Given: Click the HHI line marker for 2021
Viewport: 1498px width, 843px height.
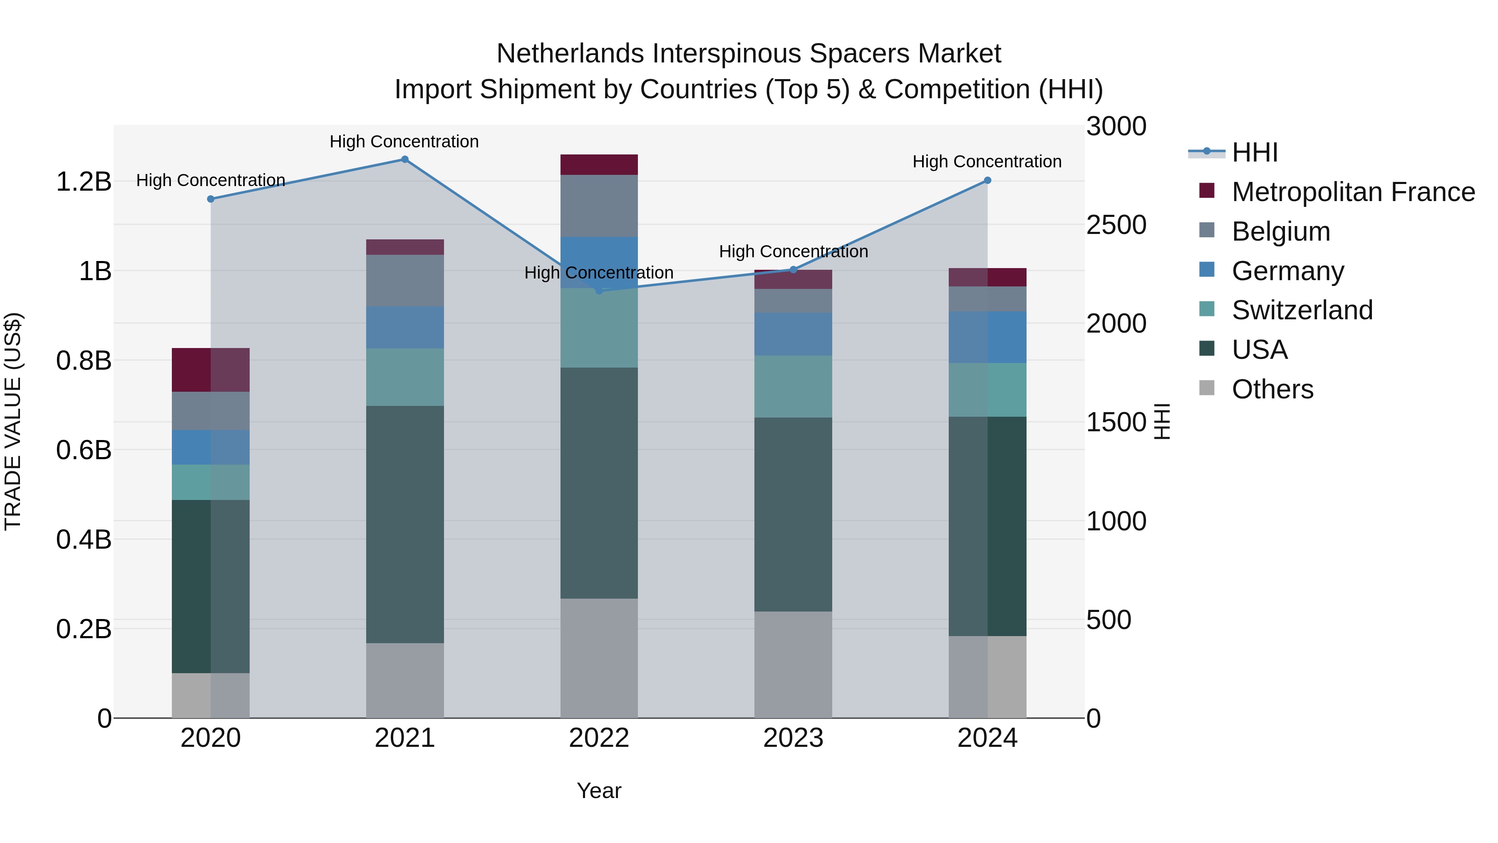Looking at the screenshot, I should (405, 159).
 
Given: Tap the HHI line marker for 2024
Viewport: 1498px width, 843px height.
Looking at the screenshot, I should (987, 180).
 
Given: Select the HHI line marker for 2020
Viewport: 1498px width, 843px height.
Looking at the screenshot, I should (211, 199).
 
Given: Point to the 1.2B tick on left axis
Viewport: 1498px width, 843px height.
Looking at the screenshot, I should (84, 182).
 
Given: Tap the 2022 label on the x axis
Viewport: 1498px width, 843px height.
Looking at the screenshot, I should (599, 738).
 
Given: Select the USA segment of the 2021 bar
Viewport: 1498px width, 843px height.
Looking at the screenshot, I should (405, 524).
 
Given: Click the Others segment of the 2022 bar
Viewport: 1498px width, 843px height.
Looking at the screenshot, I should (599, 657).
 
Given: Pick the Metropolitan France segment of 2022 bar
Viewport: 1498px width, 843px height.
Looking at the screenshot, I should (599, 164).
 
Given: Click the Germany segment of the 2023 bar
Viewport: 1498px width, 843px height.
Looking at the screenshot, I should (793, 334).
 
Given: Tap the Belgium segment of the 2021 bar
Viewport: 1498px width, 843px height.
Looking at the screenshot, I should (405, 281).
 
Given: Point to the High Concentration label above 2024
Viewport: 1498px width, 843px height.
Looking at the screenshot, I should (987, 162).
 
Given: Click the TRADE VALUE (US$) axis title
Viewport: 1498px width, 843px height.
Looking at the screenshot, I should (13, 421).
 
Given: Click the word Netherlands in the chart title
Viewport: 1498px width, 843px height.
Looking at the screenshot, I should (570, 54).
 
